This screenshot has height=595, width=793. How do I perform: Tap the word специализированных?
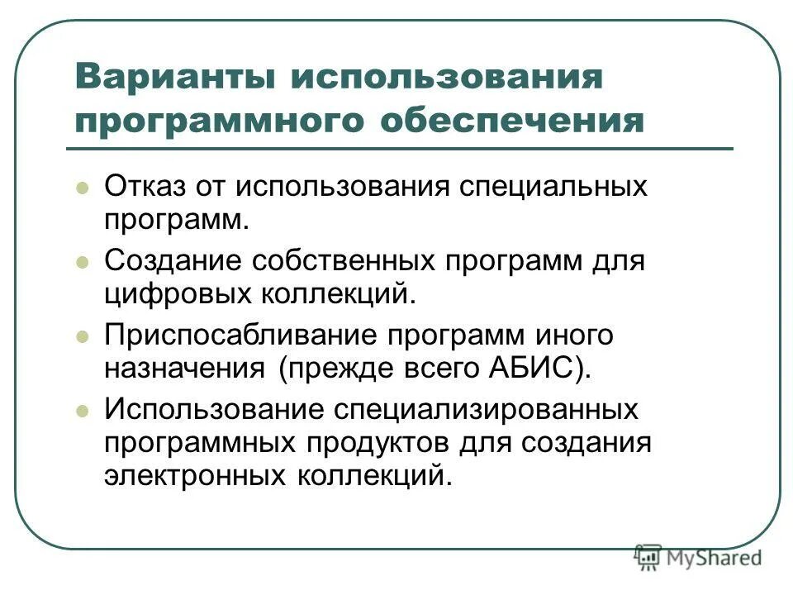coord(485,411)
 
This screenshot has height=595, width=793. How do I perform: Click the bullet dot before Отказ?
coord(82,188)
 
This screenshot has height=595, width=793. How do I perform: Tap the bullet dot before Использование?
coord(82,412)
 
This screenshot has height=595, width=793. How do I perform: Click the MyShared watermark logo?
coord(699,558)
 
